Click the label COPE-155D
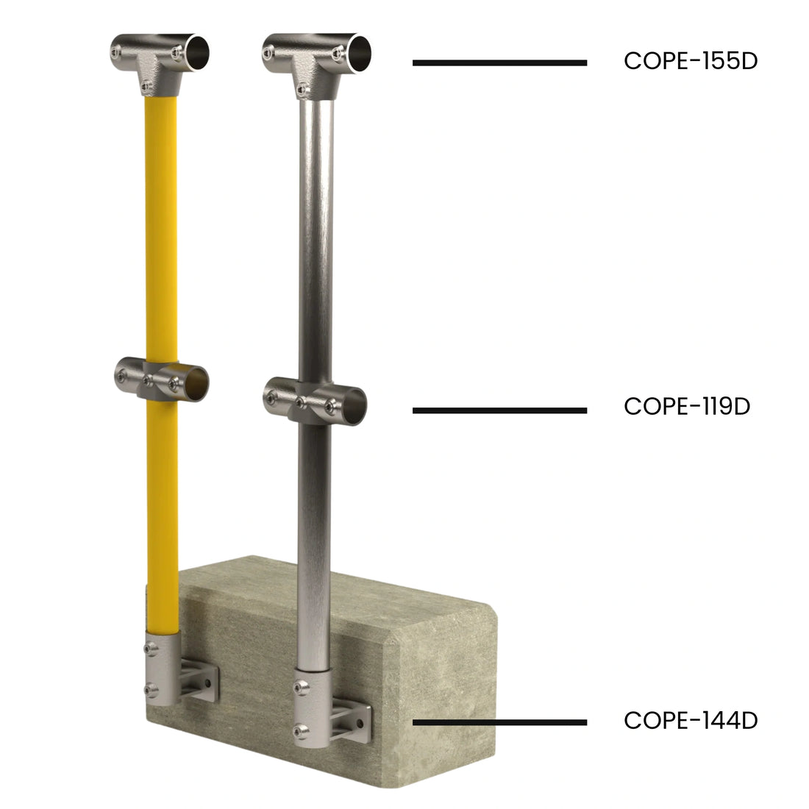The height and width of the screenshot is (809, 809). tap(690, 61)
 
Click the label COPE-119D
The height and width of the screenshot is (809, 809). tap(686, 406)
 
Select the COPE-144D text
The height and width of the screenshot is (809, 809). tap(690, 720)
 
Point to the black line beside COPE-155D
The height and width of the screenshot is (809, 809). tap(499, 63)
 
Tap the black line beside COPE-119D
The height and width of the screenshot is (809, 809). tap(499, 410)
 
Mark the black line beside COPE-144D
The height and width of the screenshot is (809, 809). tap(499, 722)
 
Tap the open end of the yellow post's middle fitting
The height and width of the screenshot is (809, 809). tap(193, 383)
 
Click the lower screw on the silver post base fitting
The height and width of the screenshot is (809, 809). tap(300, 731)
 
